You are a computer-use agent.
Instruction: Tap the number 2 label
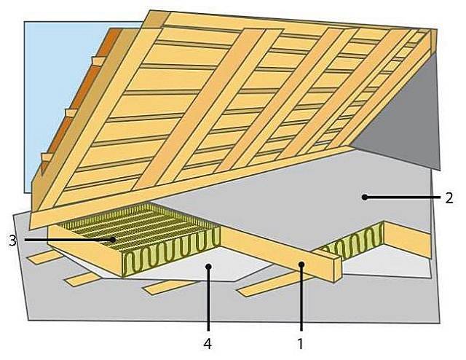pos(449,197)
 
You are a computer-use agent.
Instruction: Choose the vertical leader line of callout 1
pos(301,299)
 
